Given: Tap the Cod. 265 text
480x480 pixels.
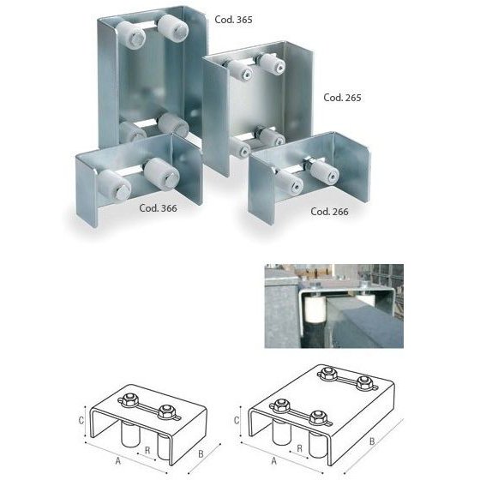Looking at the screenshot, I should pos(343,98).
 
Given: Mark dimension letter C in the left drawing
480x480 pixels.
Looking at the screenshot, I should pos(81,421).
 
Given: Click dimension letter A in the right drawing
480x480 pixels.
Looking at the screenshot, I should pos(274,459).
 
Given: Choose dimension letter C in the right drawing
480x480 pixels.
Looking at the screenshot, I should pos(237,421).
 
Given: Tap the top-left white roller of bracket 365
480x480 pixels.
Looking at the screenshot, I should pos(134,35).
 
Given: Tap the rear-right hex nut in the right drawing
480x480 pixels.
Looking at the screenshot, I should pos(366,381).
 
